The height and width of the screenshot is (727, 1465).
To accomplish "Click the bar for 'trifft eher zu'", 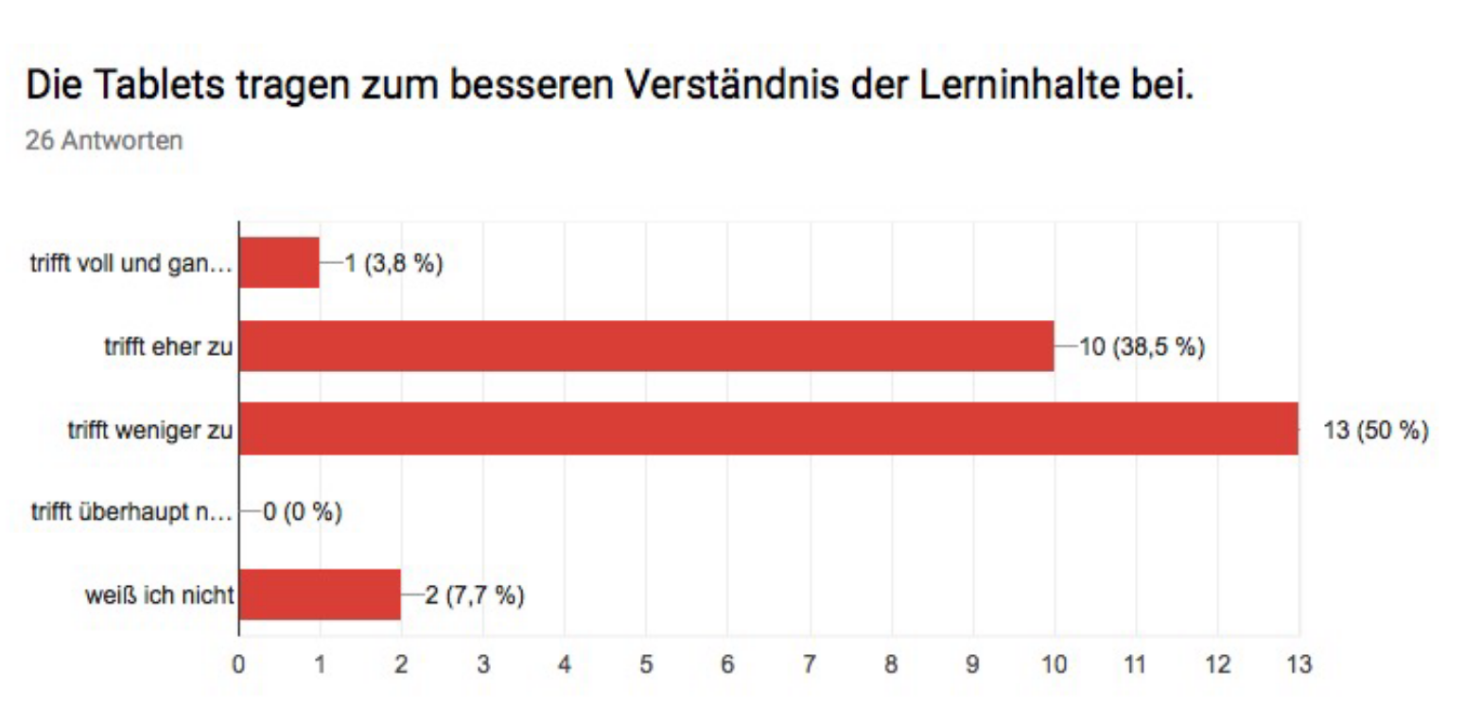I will [x=646, y=346].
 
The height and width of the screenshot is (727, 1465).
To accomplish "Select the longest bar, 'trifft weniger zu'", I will [x=768, y=428].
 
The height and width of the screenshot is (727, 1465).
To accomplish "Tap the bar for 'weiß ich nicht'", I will [x=320, y=594].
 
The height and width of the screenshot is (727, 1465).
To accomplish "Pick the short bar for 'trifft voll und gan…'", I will [x=279, y=262].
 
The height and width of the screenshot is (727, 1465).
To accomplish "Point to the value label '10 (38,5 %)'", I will [x=1142, y=347].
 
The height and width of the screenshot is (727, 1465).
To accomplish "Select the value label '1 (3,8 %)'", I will [x=392, y=264].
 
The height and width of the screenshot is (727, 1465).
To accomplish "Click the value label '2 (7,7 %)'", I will [x=475, y=595].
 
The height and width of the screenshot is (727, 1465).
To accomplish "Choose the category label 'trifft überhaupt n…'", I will [x=131, y=513].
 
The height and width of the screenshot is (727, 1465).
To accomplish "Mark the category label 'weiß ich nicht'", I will [x=159, y=596].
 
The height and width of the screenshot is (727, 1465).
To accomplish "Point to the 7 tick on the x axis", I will [x=809, y=665].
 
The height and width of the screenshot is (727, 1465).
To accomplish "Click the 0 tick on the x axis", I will [x=238, y=665].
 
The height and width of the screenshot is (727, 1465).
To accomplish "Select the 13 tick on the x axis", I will [x=1299, y=665].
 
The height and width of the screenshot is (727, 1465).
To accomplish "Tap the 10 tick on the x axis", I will [x=1054, y=665].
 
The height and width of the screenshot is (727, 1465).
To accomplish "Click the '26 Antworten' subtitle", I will [x=104, y=141].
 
